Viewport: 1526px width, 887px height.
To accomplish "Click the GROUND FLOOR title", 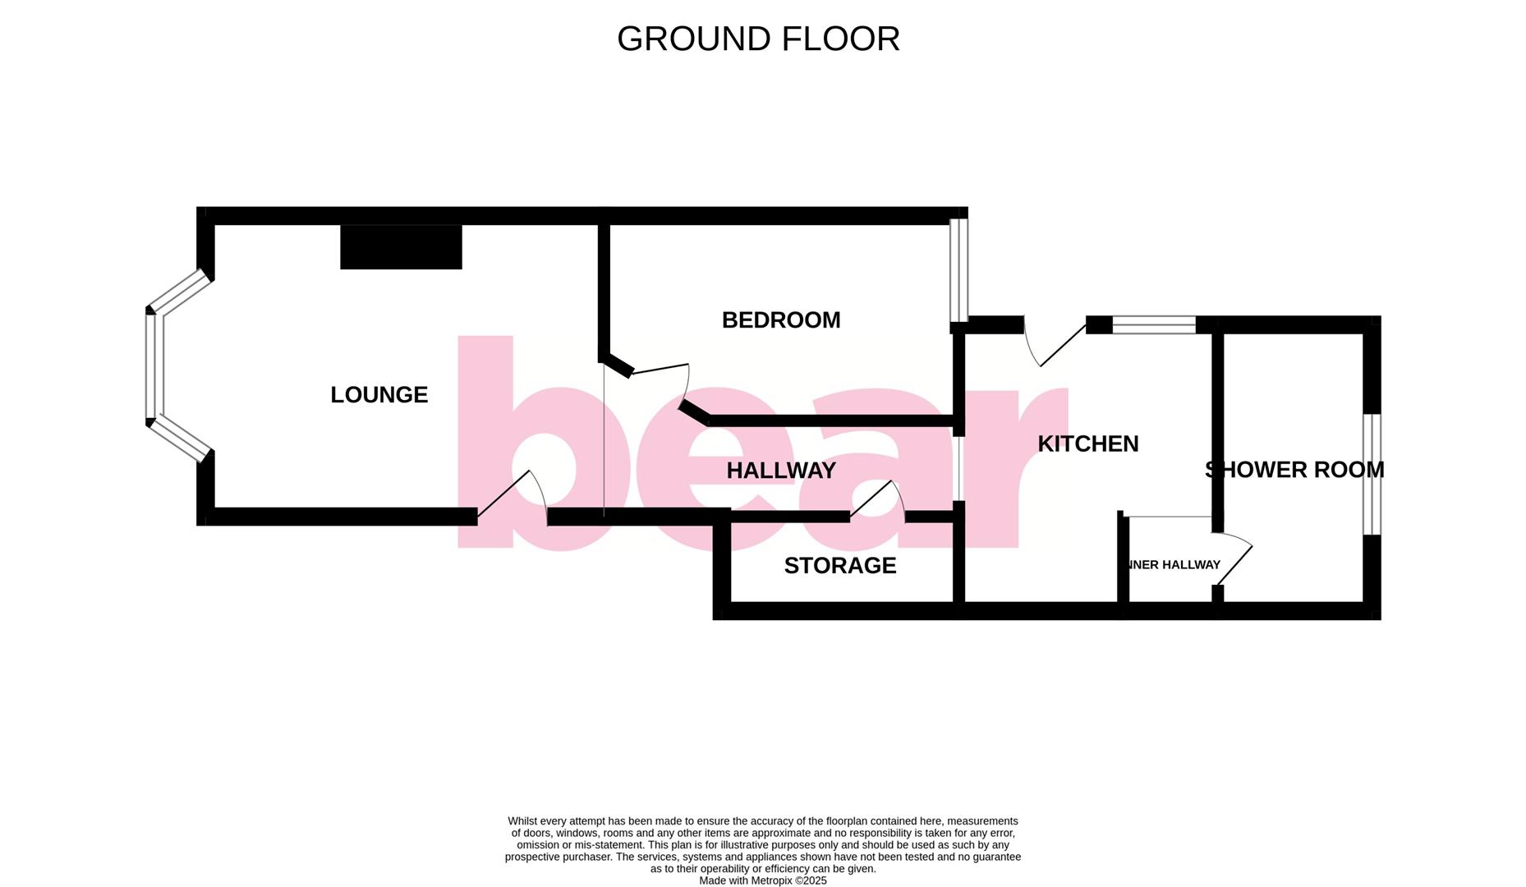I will tap(758, 39).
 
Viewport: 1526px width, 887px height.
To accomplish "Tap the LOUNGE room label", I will tap(379, 395).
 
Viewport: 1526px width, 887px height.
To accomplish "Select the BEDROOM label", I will tap(780, 320).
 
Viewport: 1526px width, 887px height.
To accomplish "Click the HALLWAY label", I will tap(781, 471).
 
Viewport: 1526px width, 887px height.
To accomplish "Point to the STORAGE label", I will tap(839, 566).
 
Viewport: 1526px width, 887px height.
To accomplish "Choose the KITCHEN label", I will tap(1087, 444).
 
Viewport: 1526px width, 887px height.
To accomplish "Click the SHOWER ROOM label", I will tap(1294, 470).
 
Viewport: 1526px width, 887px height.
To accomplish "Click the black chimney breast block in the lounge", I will tap(401, 246).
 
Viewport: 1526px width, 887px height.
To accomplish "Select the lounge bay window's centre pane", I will tap(150, 366).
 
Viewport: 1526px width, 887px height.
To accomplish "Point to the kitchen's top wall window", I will tap(1153, 324).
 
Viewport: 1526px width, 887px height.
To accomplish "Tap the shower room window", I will tap(1372, 474).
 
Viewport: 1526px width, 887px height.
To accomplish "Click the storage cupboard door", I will tap(877, 499).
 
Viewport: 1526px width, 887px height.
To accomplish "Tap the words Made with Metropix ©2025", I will tap(762, 880).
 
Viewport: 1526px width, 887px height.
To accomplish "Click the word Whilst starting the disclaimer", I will tap(524, 821).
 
